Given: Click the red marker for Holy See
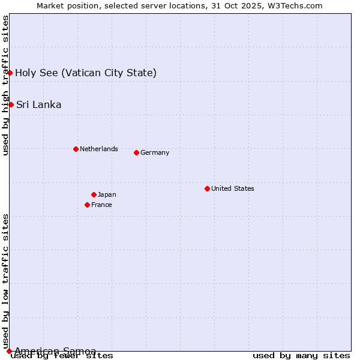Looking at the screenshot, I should (10, 73).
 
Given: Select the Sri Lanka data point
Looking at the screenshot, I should (11, 104).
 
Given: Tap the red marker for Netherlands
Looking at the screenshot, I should (76, 149).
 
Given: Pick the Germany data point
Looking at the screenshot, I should (136, 152).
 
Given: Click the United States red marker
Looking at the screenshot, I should (207, 188).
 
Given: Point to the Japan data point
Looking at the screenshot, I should (94, 194).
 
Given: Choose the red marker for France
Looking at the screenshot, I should (88, 205).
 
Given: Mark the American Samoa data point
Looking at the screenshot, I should (9, 350).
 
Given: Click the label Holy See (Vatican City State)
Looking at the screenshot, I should (86, 73).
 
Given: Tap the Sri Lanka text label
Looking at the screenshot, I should (38, 105).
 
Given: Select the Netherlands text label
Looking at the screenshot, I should (99, 149).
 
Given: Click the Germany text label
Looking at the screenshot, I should (155, 152).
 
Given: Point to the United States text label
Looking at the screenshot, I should (233, 188).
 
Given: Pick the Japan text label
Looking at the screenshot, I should (107, 194).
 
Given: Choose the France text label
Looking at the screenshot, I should (101, 205).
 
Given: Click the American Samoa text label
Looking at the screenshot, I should (55, 351).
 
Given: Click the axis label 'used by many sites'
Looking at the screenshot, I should (301, 356).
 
